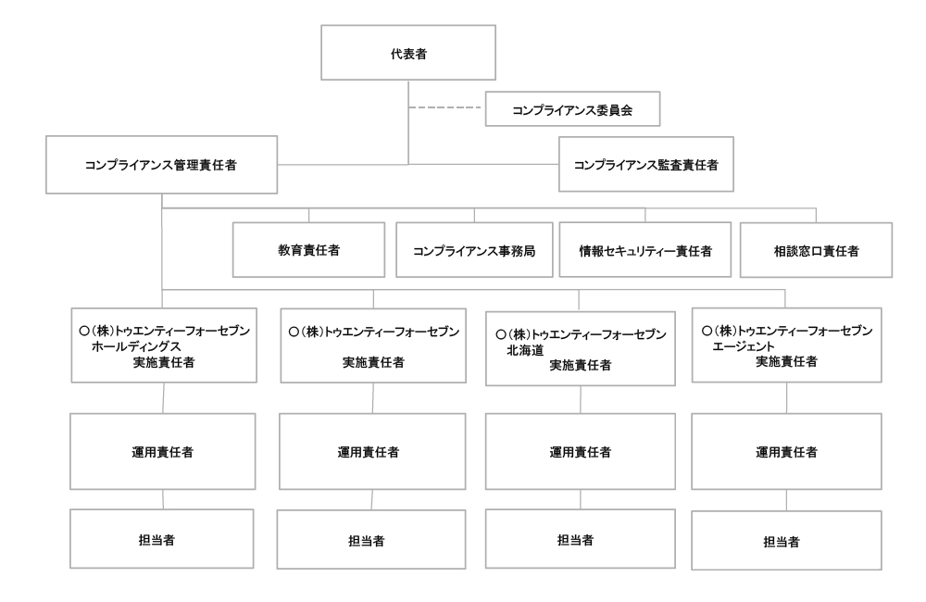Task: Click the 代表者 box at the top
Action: (408, 55)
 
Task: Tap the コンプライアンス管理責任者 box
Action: (162, 166)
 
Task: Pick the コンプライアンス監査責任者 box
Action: (646, 165)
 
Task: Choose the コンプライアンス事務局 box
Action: (473, 250)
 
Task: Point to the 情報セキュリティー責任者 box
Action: (638, 250)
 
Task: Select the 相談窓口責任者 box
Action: (815, 250)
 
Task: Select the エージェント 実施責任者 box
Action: (786, 345)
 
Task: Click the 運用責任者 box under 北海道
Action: (580, 453)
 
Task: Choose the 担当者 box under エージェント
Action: (786, 541)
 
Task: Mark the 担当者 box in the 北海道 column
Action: (580, 539)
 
